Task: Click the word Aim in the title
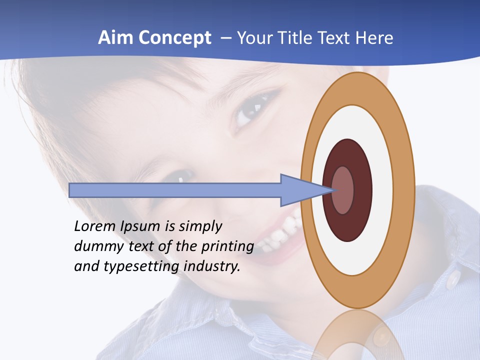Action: click(115, 38)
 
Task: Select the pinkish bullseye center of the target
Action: click(342, 190)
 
